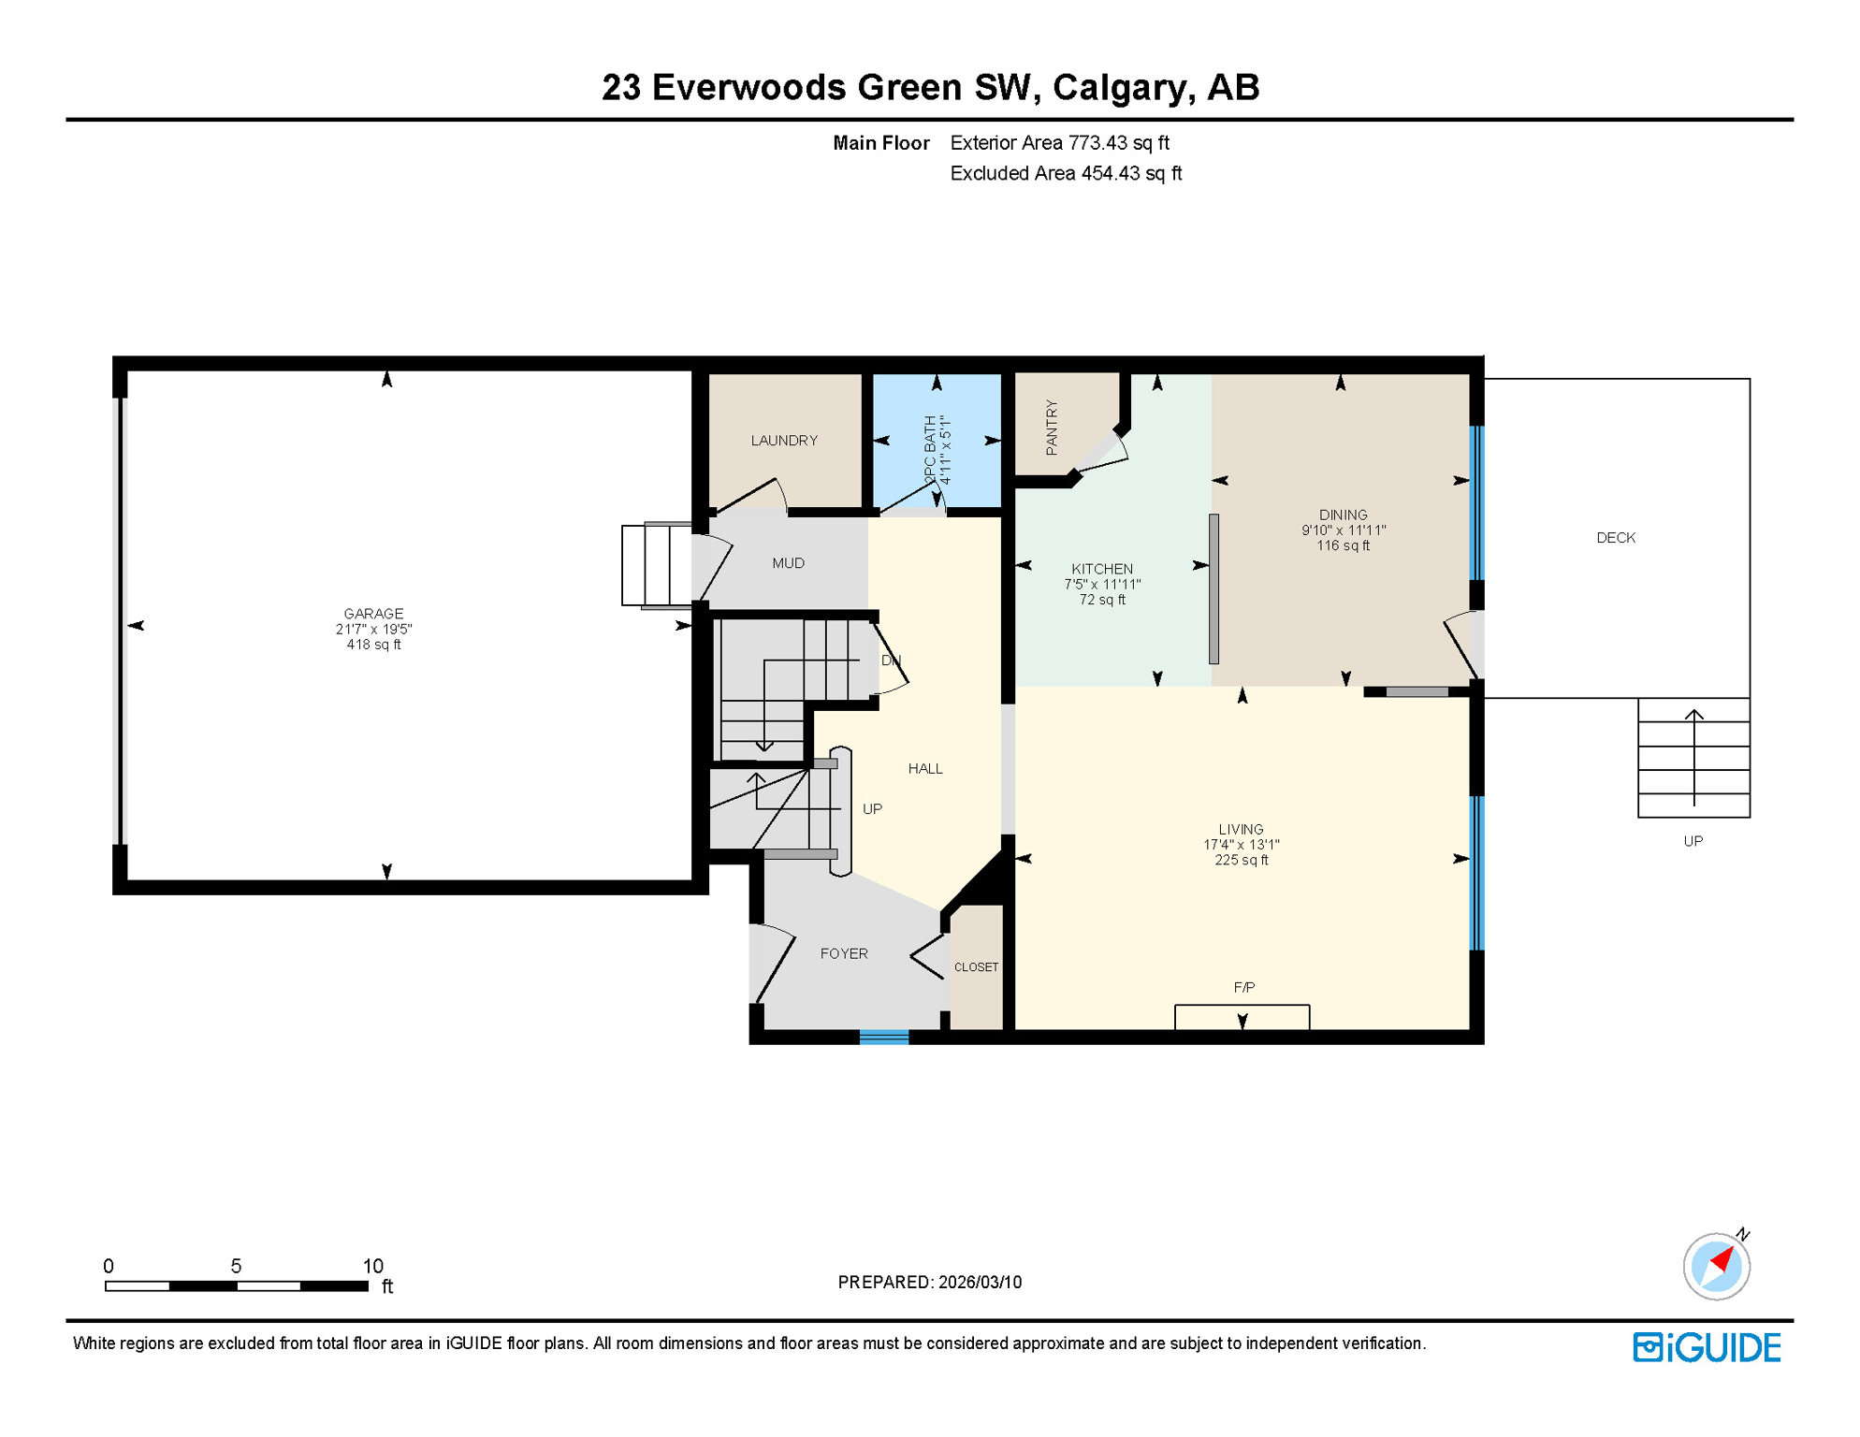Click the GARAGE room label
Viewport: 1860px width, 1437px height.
[x=373, y=614]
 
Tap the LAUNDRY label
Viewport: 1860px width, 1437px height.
[x=784, y=441]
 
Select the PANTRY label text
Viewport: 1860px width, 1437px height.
[x=1052, y=428]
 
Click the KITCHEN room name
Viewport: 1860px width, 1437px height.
[x=1102, y=569]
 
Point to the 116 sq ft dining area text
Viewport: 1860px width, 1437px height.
[x=1343, y=545]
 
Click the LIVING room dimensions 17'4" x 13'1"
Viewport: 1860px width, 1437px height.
[x=1241, y=845]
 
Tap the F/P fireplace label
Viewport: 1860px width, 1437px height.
[x=1243, y=987]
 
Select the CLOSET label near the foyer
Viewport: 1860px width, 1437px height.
[x=976, y=967]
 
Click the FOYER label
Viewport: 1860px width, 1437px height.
[x=844, y=953]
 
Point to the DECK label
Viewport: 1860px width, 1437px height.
[x=1615, y=538]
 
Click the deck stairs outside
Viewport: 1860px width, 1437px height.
[x=1693, y=758]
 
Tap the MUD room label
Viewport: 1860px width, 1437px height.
[x=788, y=563]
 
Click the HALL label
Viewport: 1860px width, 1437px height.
[x=925, y=769]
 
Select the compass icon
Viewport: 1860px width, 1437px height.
[x=1716, y=1267]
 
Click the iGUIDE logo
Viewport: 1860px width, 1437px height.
[x=1707, y=1347]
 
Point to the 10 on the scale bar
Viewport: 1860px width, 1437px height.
[x=372, y=1266]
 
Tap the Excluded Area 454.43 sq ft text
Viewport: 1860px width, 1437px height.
[x=1066, y=173]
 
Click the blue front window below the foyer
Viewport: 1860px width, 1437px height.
[x=883, y=1037]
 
